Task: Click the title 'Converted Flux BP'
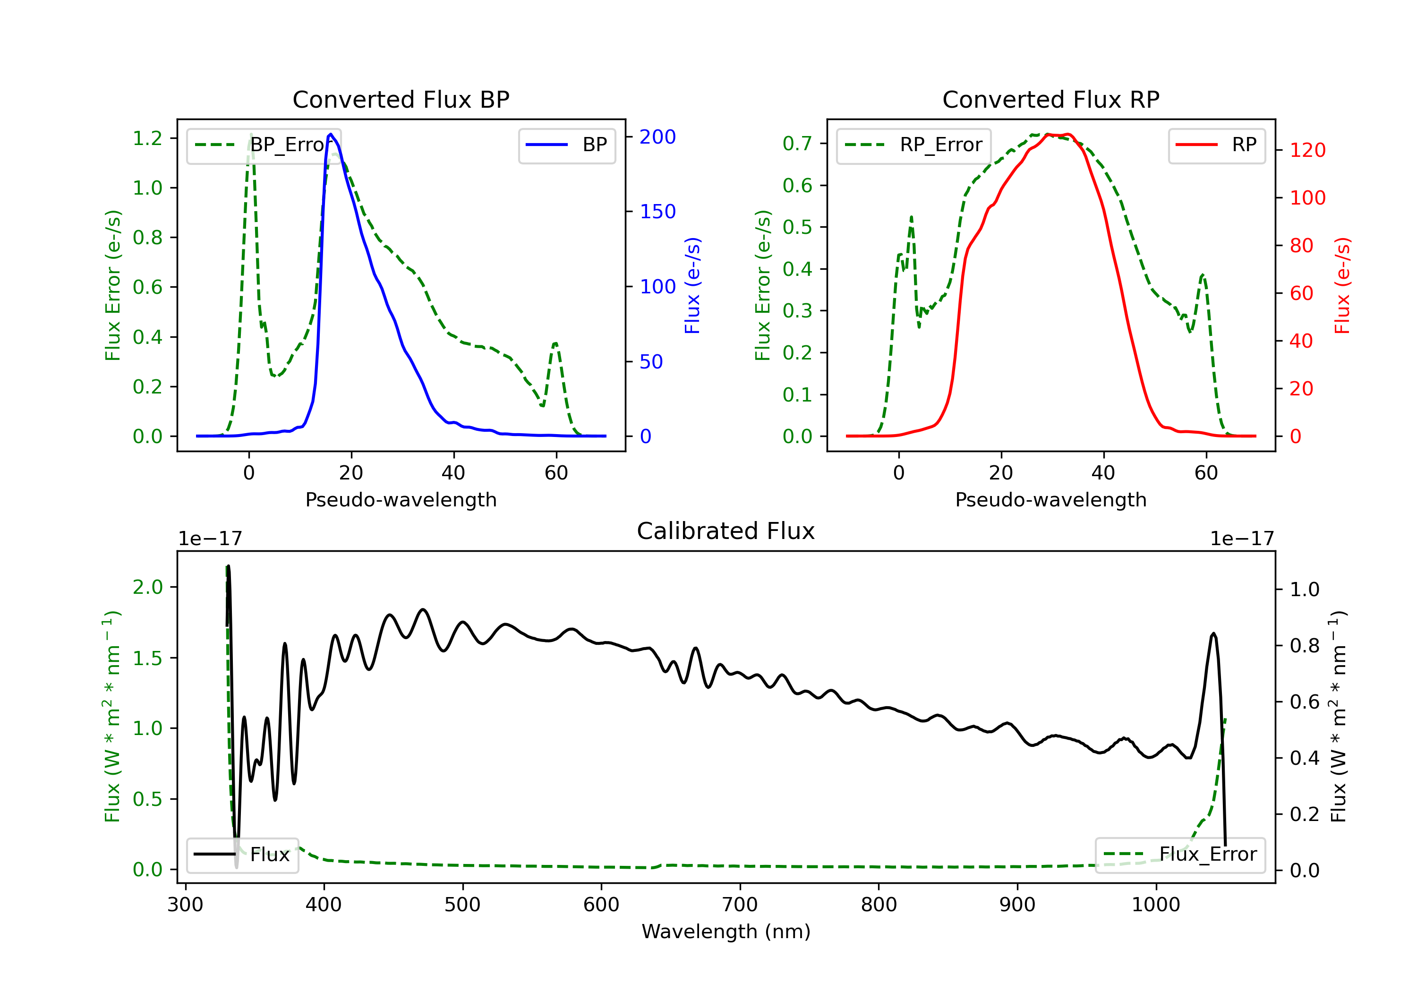tap(401, 99)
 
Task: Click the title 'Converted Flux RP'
tap(1050, 99)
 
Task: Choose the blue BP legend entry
tap(566, 145)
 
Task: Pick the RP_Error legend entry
tap(913, 145)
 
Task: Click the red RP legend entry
tap(1216, 145)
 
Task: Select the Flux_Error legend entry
tap(1179, 855)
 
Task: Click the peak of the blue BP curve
tap(331, 134)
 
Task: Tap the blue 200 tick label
tap(657, 137)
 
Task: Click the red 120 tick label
tap(1307, 150)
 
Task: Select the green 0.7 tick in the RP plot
tap(797, 143)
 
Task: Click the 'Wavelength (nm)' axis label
tap(726, 932)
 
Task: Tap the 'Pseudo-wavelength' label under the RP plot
tap(1050, 499)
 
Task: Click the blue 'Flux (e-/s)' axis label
tap(692, 286)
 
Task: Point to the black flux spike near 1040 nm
tap(1213, 634)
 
